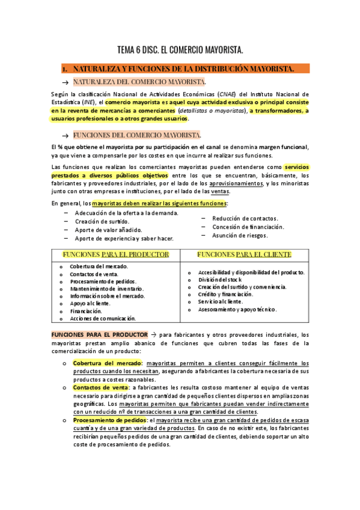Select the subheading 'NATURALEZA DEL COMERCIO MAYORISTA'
click(139, 81)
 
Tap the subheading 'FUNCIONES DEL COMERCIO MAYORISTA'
click(137, 135)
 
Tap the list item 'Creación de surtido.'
click(102, 221)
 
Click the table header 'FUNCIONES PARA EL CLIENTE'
click(243, 254)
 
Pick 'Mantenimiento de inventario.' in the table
click(103, 289)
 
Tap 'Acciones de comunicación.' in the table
click(103, 318)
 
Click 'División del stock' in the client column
click(220, 280)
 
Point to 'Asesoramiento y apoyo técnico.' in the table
click(237, 309)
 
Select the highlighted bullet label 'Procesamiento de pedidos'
click(109, 420)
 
